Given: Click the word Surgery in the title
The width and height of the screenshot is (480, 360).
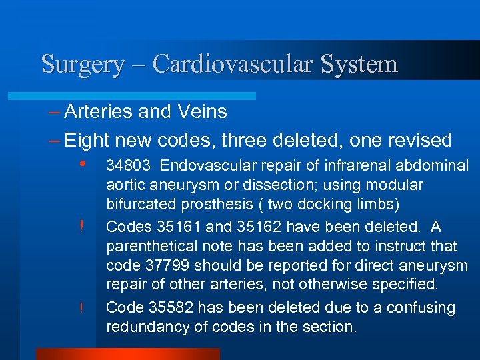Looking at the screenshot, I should [x=82, y=64].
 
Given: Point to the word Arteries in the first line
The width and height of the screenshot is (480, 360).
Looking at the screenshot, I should [x=99, y=111].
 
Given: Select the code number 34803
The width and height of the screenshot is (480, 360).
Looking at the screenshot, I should [x=129, y=165].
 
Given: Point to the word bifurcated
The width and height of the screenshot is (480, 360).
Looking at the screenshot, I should [x=138, y=203].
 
